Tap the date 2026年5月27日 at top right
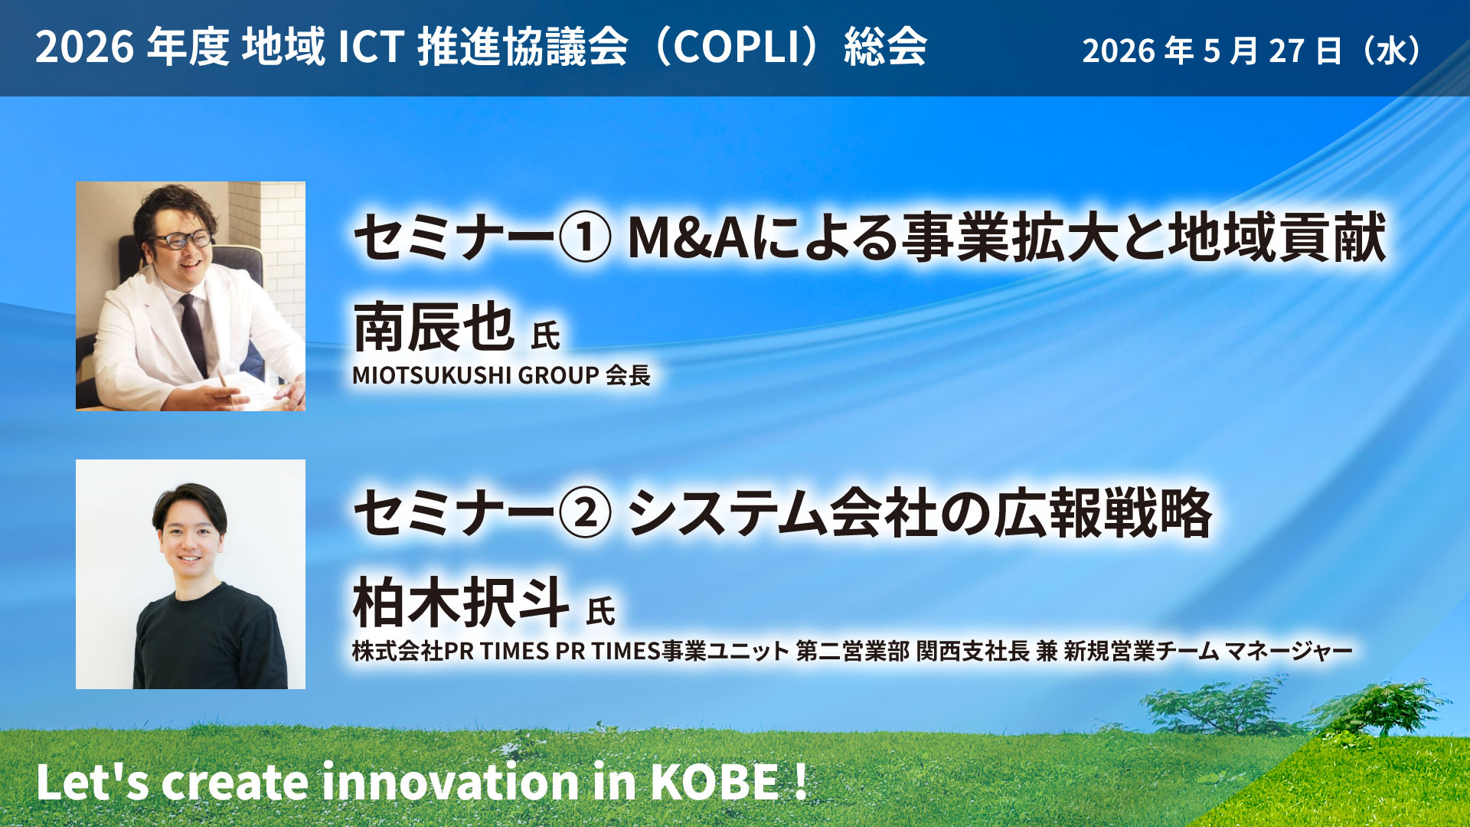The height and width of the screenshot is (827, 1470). click(1212, 51)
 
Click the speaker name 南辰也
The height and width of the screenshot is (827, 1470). click(433, 327)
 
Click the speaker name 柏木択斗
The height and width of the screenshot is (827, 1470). click(460, 603)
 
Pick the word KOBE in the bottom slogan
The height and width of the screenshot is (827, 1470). click(714, 782)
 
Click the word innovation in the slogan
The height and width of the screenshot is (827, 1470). click(449, 782)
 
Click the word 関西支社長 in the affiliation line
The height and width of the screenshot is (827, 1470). click(973, 651)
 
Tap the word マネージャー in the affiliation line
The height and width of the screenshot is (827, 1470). click(1289, 651)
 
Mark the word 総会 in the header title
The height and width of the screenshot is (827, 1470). click(886, 47)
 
